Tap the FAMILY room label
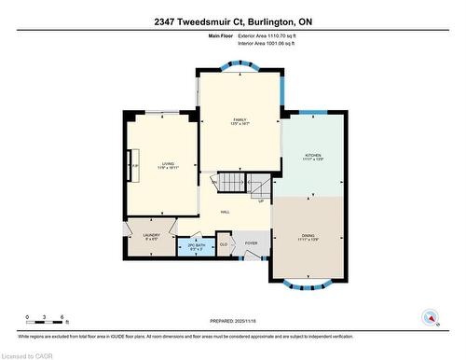click(x=239, y=122)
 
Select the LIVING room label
click(x=168, y=164)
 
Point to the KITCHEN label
click(x=312, y=157)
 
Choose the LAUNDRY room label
click(x=152, y=236)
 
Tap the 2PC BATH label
click(x=194, y=247)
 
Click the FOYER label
click(x=251, y=243)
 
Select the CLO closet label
click(x=223, y=244)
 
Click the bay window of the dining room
click(x=312, y=283)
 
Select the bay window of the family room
click(x=239, y=67)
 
